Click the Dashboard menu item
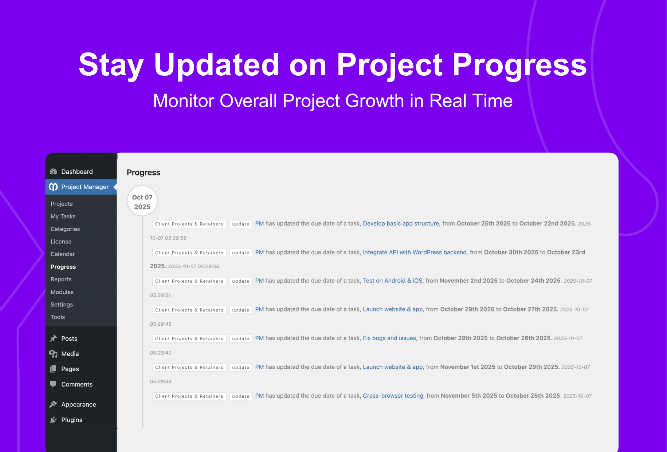point(76,172)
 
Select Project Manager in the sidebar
point(85,187)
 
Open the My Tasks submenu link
point(63,217)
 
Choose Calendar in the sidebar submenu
point(63,254)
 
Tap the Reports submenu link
point(61,279)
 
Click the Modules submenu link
point(62,292)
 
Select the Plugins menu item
point(71,420)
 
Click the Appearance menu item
point(78,405)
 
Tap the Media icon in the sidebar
point(54,354)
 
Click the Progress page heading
point(143,173)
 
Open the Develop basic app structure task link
point(401,224)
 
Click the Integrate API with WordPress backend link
point(415,253)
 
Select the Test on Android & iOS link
point(392,281)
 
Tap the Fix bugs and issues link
point(389,338)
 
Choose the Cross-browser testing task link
point(393,396)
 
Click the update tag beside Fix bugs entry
point(240,339)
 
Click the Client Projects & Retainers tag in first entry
point(189,224)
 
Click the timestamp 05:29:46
point(161,324)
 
